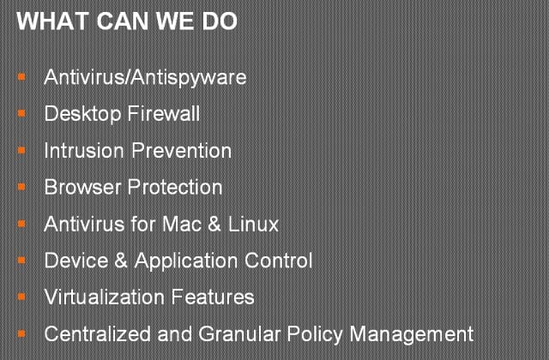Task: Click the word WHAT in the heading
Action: coord(52,21)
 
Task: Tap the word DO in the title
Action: coord(220,21)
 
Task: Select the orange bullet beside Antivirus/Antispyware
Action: coord(21,76)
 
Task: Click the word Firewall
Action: coord(164,113)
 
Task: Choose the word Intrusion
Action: coord(84,151)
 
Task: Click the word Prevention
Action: coord(182,151)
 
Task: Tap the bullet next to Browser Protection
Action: coord(21,187)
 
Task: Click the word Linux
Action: coord(254,224)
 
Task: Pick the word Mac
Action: coord(182,224)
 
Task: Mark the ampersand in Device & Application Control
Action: coord(121,261)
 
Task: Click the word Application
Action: coord(186,261)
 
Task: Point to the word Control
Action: coord(278,261)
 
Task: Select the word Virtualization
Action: coord(105,297)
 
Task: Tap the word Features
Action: coord(213,297)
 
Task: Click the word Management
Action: coord(412,335)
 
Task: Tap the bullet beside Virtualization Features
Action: coord(21,297)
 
